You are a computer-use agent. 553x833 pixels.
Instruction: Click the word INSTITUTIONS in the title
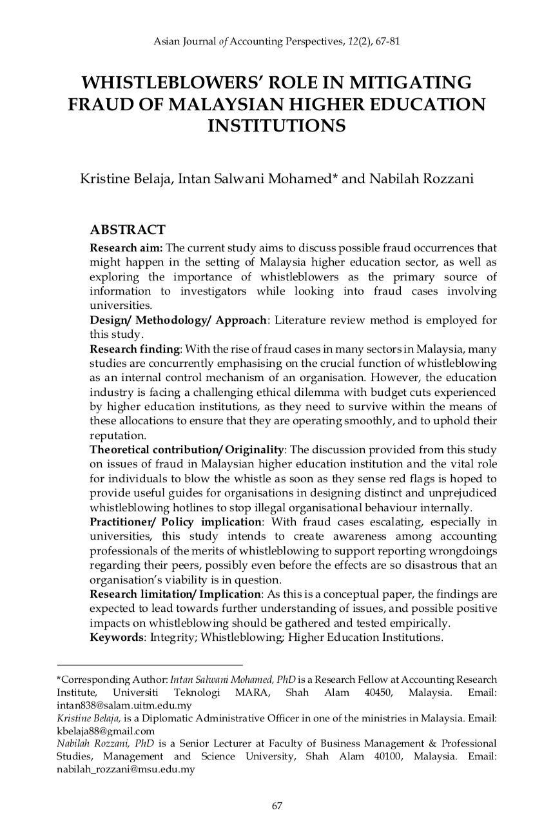pos(276,125)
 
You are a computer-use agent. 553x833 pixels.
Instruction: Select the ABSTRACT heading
pos(128,230)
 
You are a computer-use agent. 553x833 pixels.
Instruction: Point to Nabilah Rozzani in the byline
pos(421,179)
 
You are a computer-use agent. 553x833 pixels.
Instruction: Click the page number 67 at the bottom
pos(277,805)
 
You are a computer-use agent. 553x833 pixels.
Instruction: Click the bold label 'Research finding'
pos(134,349)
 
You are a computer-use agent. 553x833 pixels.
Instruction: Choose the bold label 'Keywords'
pos(115,637)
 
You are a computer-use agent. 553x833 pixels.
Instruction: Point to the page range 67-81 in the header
pos(387,42)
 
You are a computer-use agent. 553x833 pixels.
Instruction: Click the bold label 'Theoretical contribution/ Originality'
pos(187,449)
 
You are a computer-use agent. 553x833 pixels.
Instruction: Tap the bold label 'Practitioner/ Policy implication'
pos(176,522)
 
